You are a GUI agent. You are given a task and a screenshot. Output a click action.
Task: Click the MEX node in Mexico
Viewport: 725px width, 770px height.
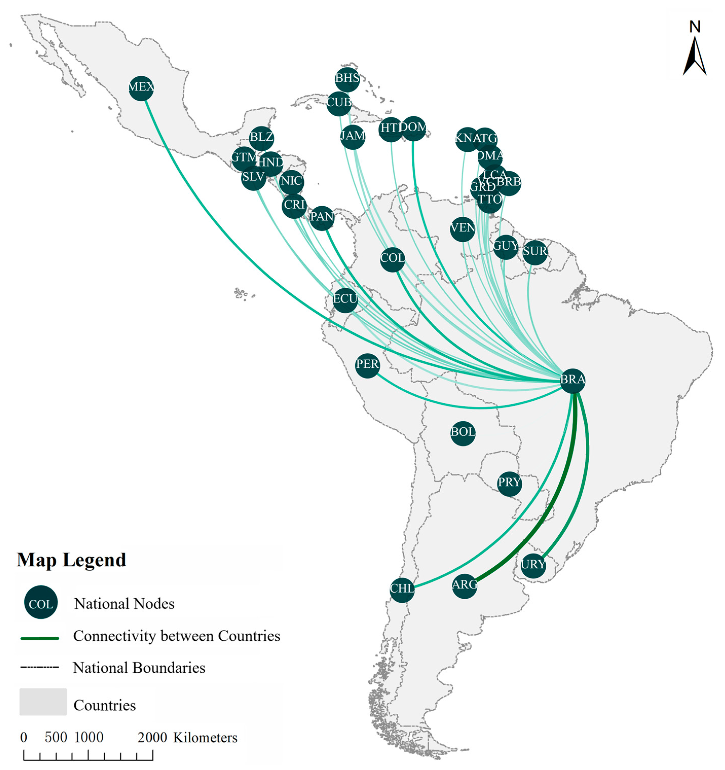tap(141, 88)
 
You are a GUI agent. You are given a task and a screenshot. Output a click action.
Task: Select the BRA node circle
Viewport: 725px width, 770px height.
tap(573, 380)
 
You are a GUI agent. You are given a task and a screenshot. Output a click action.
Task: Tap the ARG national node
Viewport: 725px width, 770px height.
tap(465, 586)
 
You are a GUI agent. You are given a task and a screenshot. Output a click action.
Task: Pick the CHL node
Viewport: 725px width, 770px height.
tap(402, 589)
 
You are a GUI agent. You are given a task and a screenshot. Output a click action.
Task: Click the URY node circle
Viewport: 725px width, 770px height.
tap(533, 565)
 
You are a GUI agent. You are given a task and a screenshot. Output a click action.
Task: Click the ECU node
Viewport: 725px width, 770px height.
tap(345, 300)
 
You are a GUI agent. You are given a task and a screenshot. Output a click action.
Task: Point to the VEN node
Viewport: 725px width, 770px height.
tap(463, 228)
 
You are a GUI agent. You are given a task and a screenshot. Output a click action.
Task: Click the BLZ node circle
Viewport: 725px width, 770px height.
tap(262, 138)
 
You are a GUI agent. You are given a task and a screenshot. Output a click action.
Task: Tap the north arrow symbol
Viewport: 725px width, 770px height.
tap(694, 54)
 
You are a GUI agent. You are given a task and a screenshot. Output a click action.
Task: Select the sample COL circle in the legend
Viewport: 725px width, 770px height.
tap(41, 604)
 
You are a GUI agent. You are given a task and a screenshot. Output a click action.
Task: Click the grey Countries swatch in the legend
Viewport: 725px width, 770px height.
tap(43, 702)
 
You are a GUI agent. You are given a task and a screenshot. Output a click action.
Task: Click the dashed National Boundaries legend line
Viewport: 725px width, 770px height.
tap(40, 667)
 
